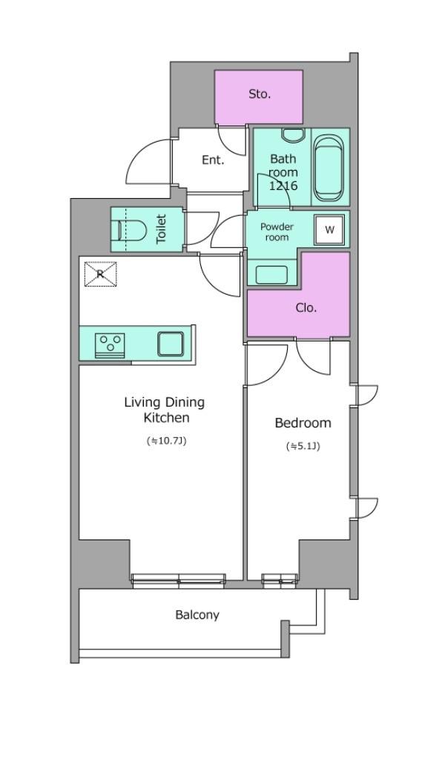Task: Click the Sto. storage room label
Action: click(x=260, y=94)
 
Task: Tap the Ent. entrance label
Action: click(x=213, y=160)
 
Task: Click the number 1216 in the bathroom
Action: click(x=283, y=185)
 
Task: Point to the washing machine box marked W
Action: click(x=329, y=230)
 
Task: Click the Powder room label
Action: click(x=277, y=232)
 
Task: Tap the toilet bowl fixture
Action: click(x=132, y=230)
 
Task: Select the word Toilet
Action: click(x=162, y=229)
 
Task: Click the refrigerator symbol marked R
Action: click(x=100, y=274)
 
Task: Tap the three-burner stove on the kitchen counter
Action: click(x=110, y=346)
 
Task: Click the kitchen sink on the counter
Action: click(x=171, y=344)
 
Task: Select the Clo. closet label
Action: click(x=306, y=308)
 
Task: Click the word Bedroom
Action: click(x=303, y=422)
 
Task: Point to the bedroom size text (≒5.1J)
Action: click(x=303, y=446)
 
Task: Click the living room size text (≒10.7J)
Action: click(x=166, y=441)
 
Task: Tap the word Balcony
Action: click(x=197, y=615)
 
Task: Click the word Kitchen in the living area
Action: click(x=166, y=417)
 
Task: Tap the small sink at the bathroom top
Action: click(x=293, y=135)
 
